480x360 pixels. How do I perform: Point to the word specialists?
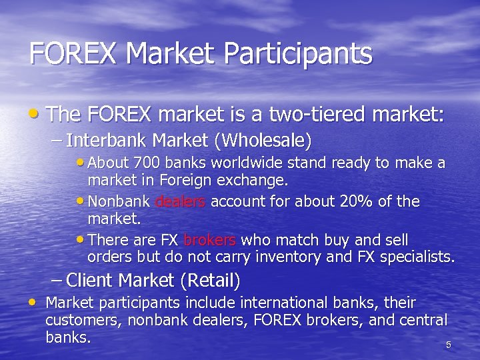tap(419, 257)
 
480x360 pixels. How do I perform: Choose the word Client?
tap(90, 279)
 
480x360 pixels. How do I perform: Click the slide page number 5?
tap(448, 345)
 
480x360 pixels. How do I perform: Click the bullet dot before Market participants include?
tap(34, 303)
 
